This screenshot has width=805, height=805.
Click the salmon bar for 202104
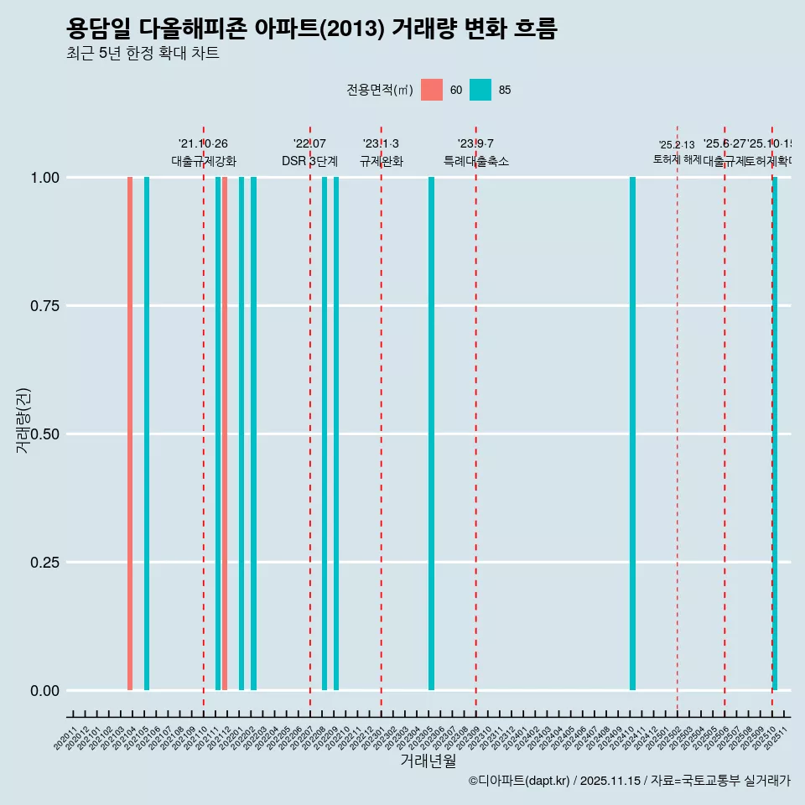coord(130,434)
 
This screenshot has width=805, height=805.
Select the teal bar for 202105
coord(147,434)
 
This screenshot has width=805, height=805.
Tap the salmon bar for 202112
coord(225,434)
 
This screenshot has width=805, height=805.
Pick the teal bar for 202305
coord(431,434)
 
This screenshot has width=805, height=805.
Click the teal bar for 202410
coord(632,434)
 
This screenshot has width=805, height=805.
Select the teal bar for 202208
coord(325,434)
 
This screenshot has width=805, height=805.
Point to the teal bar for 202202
coord(253,434)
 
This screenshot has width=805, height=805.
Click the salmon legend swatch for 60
coord(432,90)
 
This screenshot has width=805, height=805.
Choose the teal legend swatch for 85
coord(480,90)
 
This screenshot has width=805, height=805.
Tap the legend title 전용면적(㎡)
coord(380,90)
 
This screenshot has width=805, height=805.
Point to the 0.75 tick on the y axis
coord(43,305)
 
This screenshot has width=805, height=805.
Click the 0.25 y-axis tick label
coord(43,562)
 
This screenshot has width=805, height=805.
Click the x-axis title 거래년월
coord(428,761)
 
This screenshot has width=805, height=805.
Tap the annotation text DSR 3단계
coord(309,161)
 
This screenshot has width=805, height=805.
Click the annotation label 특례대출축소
coord(476,161)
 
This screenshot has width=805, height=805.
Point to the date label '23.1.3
coord(381,143)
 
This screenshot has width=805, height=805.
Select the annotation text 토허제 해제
coord(678,159)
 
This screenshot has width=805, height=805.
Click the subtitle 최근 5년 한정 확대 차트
coord(143,54)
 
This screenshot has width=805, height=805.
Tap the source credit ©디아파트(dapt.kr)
coord(519,781)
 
